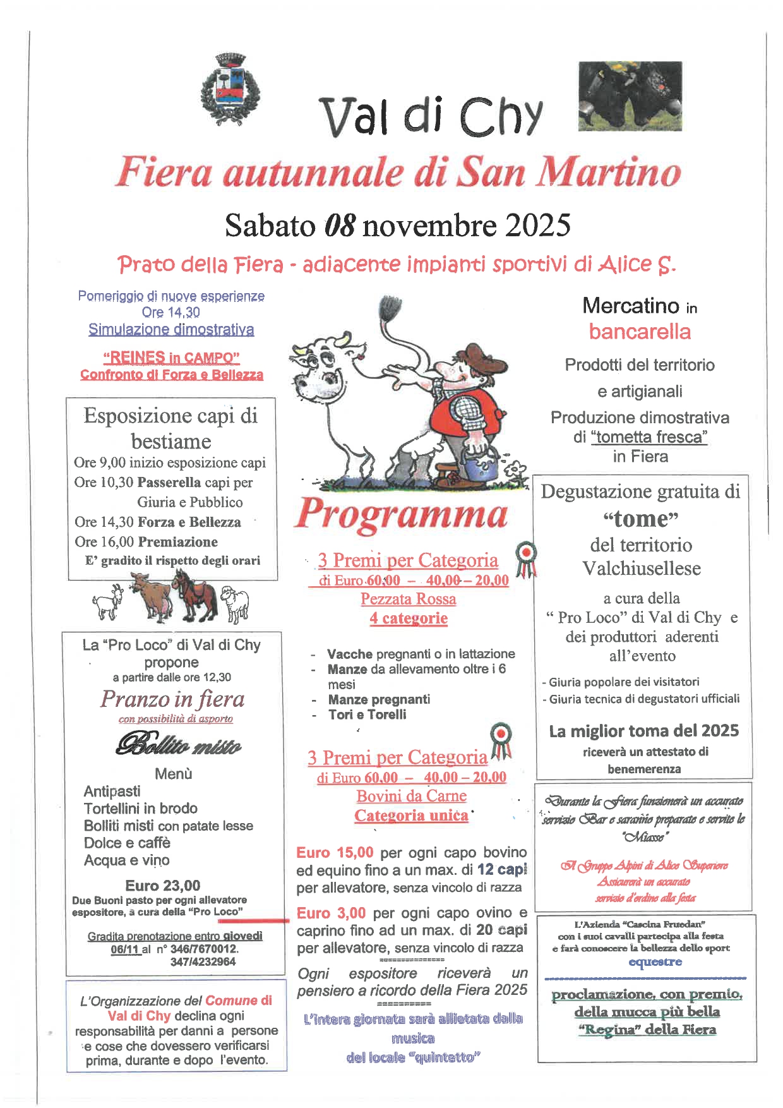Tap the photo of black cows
[x=630, y=96]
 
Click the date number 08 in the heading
[x=340, y=226]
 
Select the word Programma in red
[x=402, y=514]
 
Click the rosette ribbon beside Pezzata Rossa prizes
[x=526, y=558]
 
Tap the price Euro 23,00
[x=163, y=885]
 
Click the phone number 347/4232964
[x=203, y=961]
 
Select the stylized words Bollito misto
[x=179, y=745]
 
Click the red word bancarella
[x=640, y=332]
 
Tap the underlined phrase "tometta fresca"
[x=649, y=437]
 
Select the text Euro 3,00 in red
[x=332, y=913]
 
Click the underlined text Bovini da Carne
[x=412, y=796]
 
